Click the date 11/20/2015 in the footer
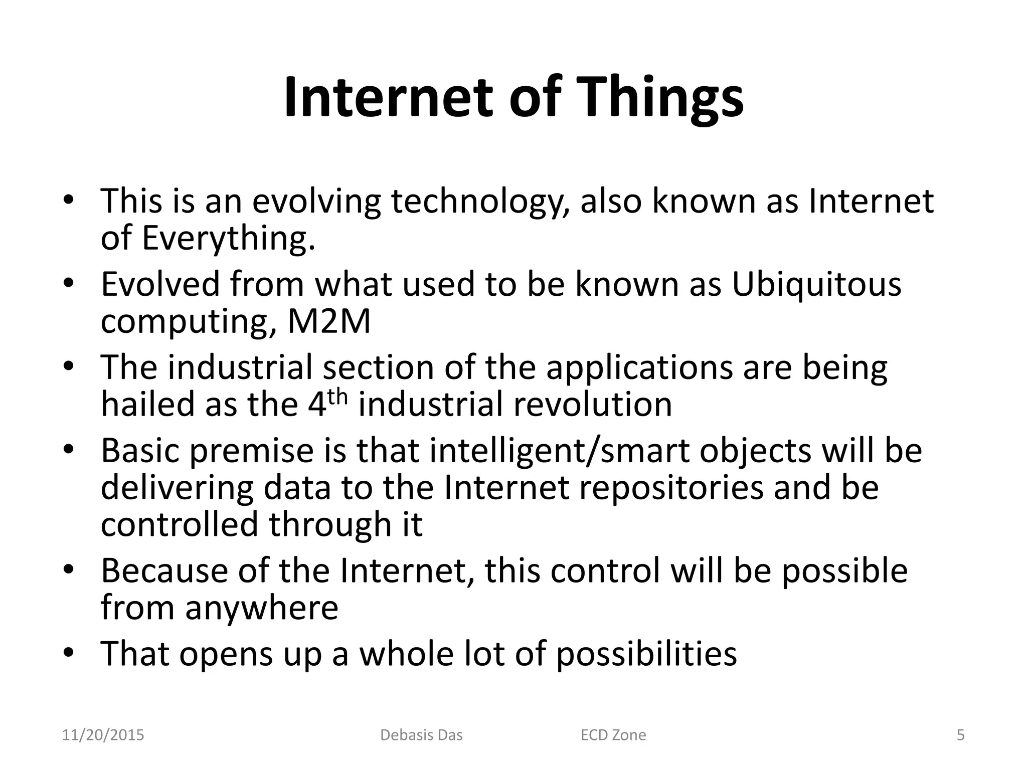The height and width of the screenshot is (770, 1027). (x=103, y=735)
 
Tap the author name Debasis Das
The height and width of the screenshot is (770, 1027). (x=421, y=735)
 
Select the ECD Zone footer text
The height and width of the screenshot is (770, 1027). (x=613, y=735)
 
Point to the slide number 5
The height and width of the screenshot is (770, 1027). (x=960, y=735)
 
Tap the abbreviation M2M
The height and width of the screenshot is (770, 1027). (x=328, y=322)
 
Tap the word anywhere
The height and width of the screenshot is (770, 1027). (x=262, y=608)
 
